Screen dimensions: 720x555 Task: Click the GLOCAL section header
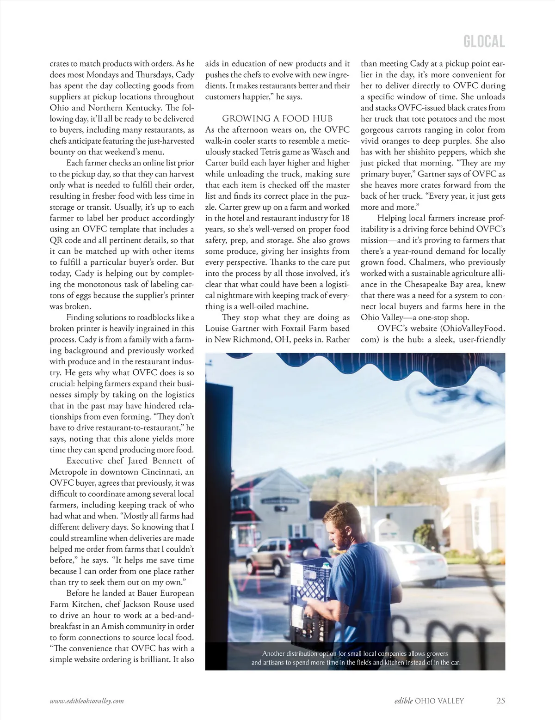[x=484, y=42]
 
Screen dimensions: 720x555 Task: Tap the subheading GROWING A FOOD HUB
[x=277, y=119]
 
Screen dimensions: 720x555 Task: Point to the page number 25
[x=500, y=701]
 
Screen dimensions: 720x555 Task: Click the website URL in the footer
[x=87, y=701]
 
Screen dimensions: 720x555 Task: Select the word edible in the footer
[x=403, y=701]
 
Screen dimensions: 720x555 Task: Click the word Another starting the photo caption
[x=276, y=653]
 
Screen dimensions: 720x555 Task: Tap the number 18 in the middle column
[x=345, y=218]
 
